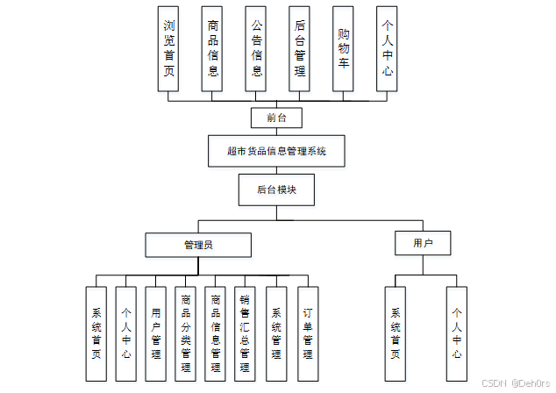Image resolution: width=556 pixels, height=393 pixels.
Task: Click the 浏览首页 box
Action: click(169, 49)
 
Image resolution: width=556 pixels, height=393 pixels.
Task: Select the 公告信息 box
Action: click(256, 49)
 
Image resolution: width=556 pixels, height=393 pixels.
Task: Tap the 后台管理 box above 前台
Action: click(300, 49)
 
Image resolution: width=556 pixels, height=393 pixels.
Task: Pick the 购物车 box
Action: click(344, 49)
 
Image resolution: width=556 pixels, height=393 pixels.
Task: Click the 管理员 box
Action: click(198, 245)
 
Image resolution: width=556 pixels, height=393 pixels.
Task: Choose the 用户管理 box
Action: click(156, 334)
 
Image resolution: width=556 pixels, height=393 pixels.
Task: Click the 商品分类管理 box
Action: click(186, 334)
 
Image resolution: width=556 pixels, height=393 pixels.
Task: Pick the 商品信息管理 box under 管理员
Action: click(216, 334)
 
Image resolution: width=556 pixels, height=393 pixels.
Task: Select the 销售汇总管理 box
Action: click(246, 334)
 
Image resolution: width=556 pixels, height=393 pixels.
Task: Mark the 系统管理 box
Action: click(276, 334)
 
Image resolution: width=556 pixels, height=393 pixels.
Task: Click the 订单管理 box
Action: click(307, 334)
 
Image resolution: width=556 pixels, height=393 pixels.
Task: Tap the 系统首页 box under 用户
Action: click(396, 334)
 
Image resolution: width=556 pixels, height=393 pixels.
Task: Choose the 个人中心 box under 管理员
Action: click(126, 334)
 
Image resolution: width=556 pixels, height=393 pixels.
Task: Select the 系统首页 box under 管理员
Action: click(96, 334)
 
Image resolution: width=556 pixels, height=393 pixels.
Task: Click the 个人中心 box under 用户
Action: click(457, 334)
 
